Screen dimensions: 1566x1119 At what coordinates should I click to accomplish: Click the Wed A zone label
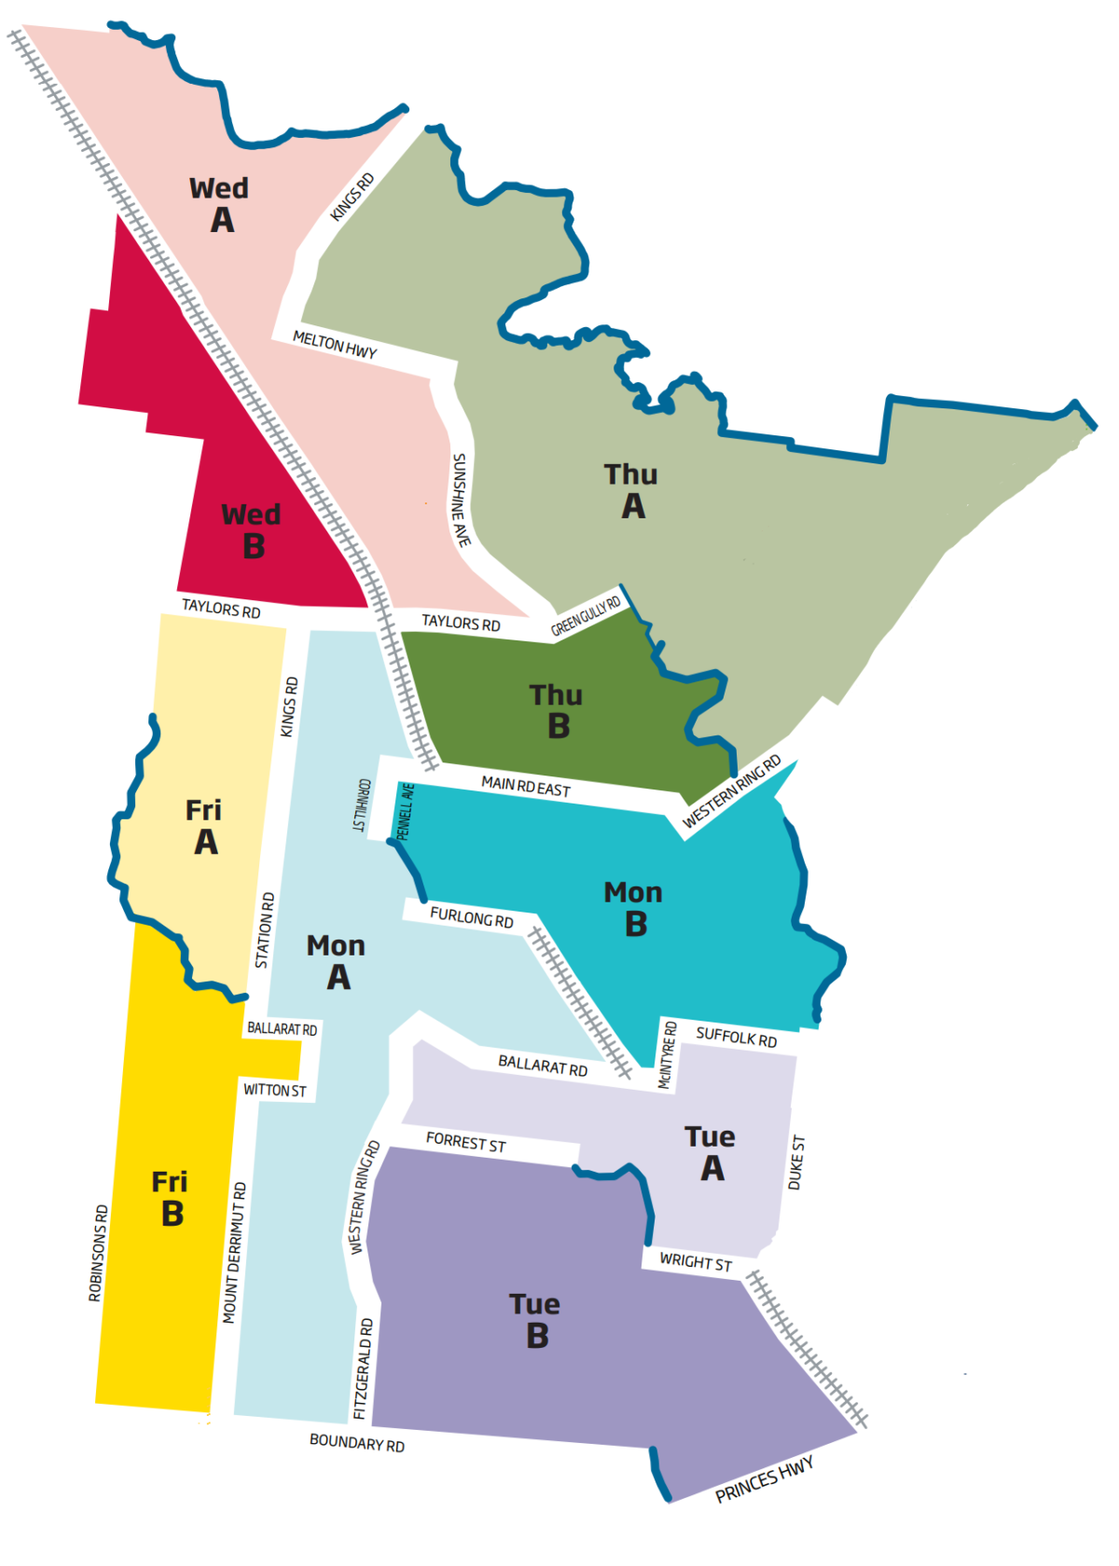pos(220,204)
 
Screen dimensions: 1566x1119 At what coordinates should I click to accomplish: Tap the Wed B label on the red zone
pos(251,529)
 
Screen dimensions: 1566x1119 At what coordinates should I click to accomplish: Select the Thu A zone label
pos(631,490)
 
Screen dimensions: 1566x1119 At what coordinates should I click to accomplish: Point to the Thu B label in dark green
pos(557,710)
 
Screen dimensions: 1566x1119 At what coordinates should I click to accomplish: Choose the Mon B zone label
pos(634,908)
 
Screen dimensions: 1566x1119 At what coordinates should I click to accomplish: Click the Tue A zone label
pos(711,1152)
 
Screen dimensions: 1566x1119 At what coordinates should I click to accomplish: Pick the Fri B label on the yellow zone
pos(171,1198)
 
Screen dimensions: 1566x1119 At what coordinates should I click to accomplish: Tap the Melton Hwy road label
pos(335,344)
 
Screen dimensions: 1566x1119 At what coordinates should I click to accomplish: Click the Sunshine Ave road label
pos(461,500)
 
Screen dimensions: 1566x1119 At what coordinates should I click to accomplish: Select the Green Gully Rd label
pos(586,616)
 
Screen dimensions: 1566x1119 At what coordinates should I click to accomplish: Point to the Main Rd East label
pos(526,787)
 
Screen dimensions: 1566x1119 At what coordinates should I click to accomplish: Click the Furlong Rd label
pos(472,917)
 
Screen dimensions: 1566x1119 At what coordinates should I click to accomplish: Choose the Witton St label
pos(275,1090)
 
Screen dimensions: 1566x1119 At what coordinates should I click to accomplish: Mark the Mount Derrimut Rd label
pos(234,1253)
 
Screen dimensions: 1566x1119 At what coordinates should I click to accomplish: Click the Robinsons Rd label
pos(98,1253)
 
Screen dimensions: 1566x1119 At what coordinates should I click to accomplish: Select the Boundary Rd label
pos(357,1442)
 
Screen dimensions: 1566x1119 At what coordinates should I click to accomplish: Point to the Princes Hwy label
pos(765,1479)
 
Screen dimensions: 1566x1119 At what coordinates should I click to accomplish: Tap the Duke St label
pos(796,1161)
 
